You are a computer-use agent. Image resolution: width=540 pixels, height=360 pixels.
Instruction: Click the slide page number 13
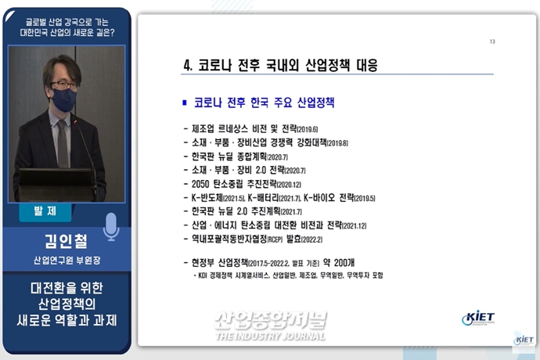pyautogui.click(x=492, y=41)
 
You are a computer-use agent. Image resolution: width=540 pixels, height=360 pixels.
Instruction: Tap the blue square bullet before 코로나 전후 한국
pyautogui.click(x=185, y=103)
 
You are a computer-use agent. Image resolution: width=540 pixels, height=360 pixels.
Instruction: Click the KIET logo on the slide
pyautogui.click(x=477, y=319)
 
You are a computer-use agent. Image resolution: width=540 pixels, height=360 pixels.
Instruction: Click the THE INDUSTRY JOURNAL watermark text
pyautogui.click(x=270, y=337)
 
